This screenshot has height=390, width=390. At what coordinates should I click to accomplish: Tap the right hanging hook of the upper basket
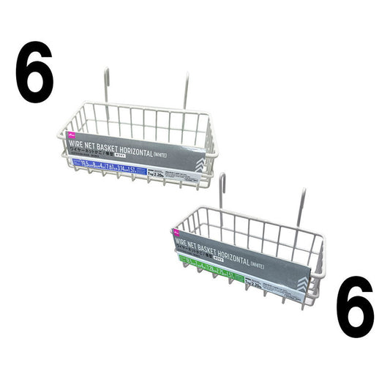point(187,91)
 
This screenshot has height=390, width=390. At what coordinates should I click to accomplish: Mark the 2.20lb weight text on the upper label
point(162,175)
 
